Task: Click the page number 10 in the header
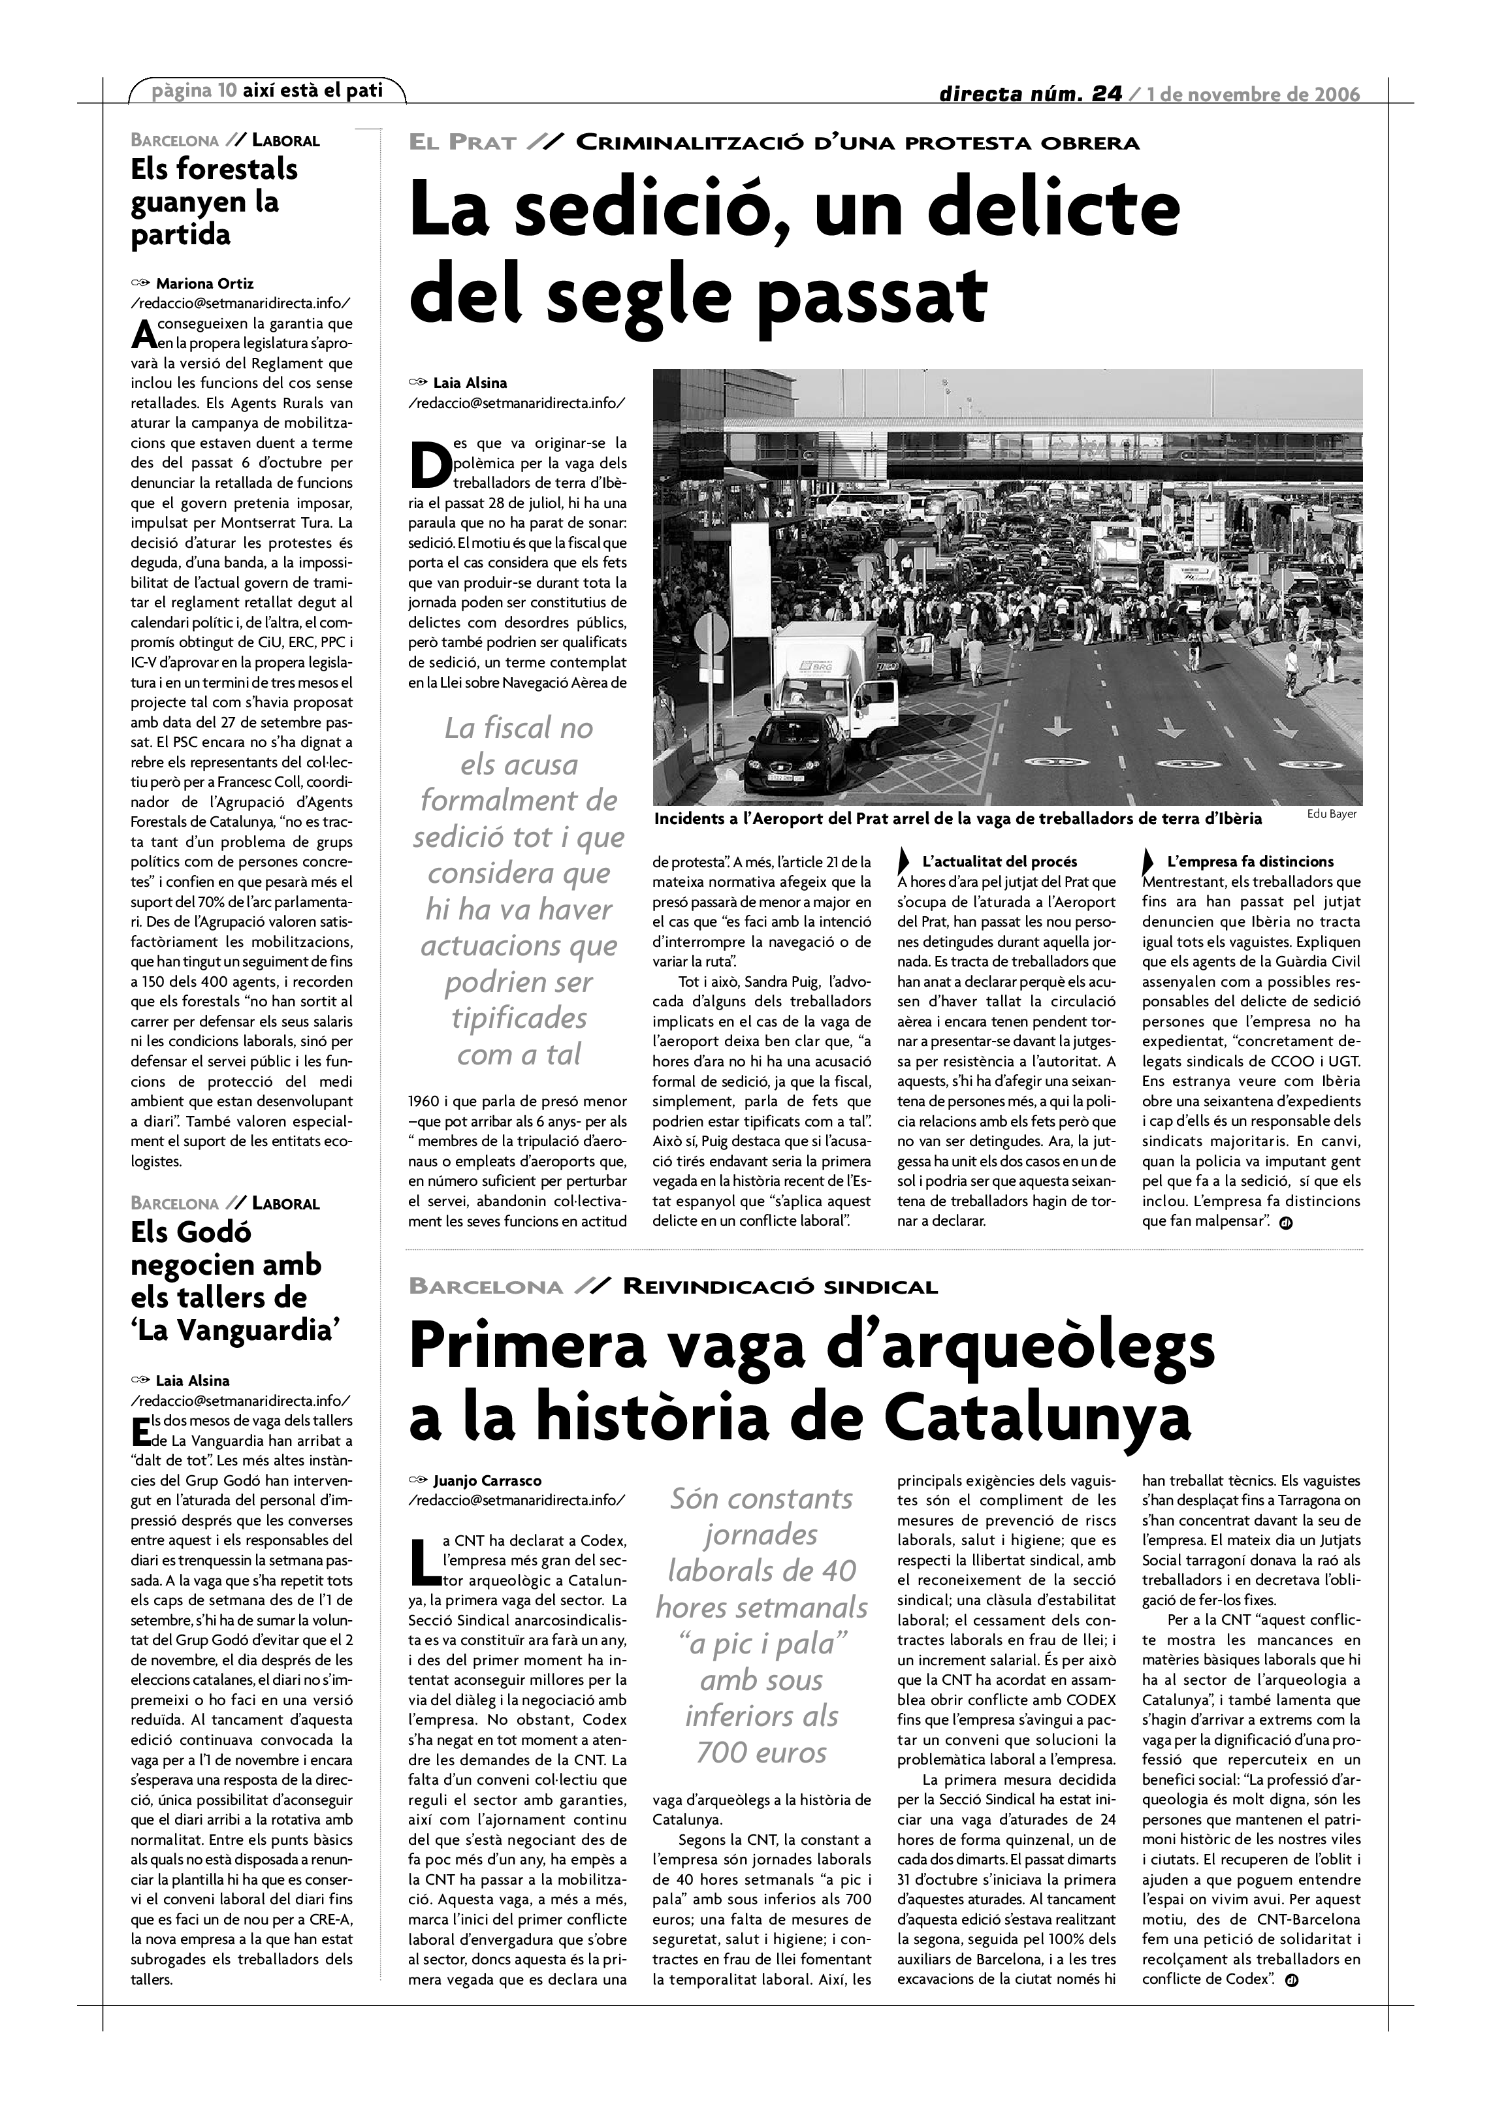point(227,91)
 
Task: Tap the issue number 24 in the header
point(1106,93)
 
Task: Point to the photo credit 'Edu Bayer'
point(1330,814)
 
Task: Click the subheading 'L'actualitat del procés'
point(999,862)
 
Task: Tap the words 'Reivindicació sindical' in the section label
point(780,1286)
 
